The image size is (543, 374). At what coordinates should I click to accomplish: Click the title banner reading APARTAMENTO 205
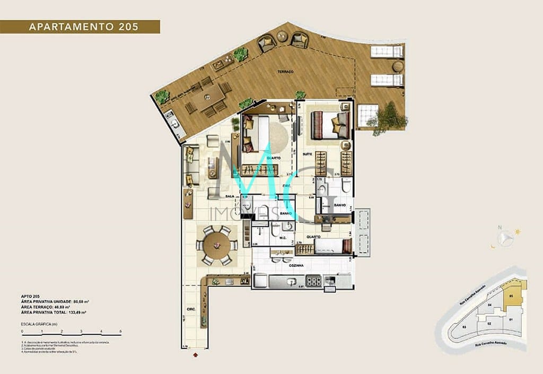click(80, 27)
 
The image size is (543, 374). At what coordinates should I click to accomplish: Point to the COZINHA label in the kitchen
click(296, 265)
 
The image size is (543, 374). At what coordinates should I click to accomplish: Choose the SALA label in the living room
click(230, 196)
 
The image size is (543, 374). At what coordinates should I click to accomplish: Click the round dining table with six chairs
click(216, 245)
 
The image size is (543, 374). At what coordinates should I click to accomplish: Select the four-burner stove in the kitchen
click(313, 281)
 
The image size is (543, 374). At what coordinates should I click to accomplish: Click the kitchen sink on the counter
click(290, 281)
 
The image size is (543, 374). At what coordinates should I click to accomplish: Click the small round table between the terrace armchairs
click(282, 38)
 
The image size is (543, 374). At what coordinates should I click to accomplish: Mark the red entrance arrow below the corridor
click(196, 353)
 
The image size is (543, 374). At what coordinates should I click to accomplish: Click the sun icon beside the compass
click(518, 231)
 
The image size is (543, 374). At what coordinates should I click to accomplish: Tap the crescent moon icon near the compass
click(493, 246)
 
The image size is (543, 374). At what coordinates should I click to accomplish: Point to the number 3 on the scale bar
click(81, 331)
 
